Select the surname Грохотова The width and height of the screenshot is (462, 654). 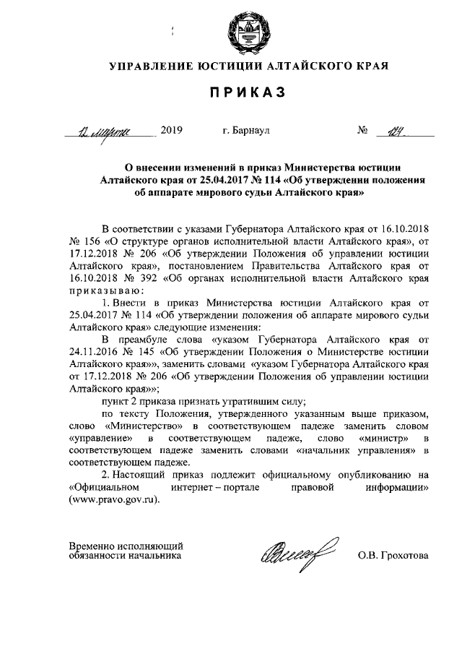(x=404, y=556)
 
